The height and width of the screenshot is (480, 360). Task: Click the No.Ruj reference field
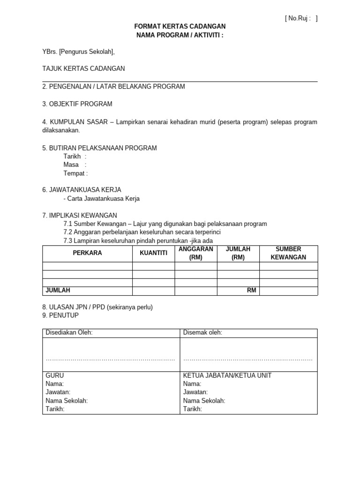301,18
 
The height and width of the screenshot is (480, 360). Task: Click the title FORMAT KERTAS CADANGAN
180,27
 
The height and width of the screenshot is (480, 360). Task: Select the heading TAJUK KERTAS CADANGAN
83,68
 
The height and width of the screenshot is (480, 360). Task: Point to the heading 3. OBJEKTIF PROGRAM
77,104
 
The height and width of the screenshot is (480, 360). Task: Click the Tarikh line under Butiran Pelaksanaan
75,156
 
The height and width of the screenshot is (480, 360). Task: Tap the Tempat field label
75,173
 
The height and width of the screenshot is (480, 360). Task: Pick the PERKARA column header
87,253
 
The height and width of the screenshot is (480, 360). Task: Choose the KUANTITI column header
153,253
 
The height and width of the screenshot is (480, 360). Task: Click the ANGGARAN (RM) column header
196,253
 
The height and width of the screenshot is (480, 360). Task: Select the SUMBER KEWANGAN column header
288,253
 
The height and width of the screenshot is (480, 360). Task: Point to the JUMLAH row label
58,291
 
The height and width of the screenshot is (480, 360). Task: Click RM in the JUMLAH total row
252,291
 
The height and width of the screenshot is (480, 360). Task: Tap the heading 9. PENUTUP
60,315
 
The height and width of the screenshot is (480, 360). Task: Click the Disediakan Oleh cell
69,333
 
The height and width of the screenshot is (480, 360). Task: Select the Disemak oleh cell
202,333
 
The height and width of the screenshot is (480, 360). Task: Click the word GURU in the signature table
54,375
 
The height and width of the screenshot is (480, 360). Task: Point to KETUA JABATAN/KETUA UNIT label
227,375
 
